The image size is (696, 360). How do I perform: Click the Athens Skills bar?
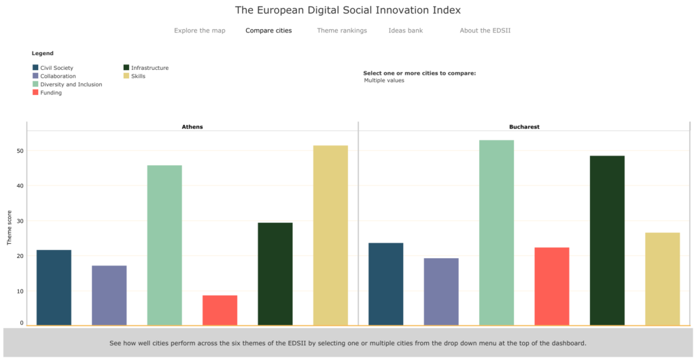(330, 235)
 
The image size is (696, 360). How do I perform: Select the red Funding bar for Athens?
(220, 310)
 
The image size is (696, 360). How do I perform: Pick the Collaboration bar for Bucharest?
(441, 291)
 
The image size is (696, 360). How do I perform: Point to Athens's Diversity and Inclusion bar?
(164, 245)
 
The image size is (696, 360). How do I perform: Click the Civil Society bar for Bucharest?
(385, 283)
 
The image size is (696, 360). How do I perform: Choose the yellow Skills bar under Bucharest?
(662, 278)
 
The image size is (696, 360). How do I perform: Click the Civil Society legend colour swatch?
(35, 68)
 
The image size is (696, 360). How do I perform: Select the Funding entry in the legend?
(51, 92)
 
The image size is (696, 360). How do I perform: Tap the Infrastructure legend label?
(150, 68)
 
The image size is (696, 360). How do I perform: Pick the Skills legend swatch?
(126, 76)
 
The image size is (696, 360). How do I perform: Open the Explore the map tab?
(199, 31)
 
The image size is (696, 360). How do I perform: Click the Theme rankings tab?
(342, 31)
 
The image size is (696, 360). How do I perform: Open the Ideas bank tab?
(406, 31)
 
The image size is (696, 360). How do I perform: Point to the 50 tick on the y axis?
(20, 151)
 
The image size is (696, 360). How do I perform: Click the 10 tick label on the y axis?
(20, 291)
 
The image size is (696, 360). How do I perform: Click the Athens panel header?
(192, 127)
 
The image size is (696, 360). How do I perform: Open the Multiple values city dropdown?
(385, 80)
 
